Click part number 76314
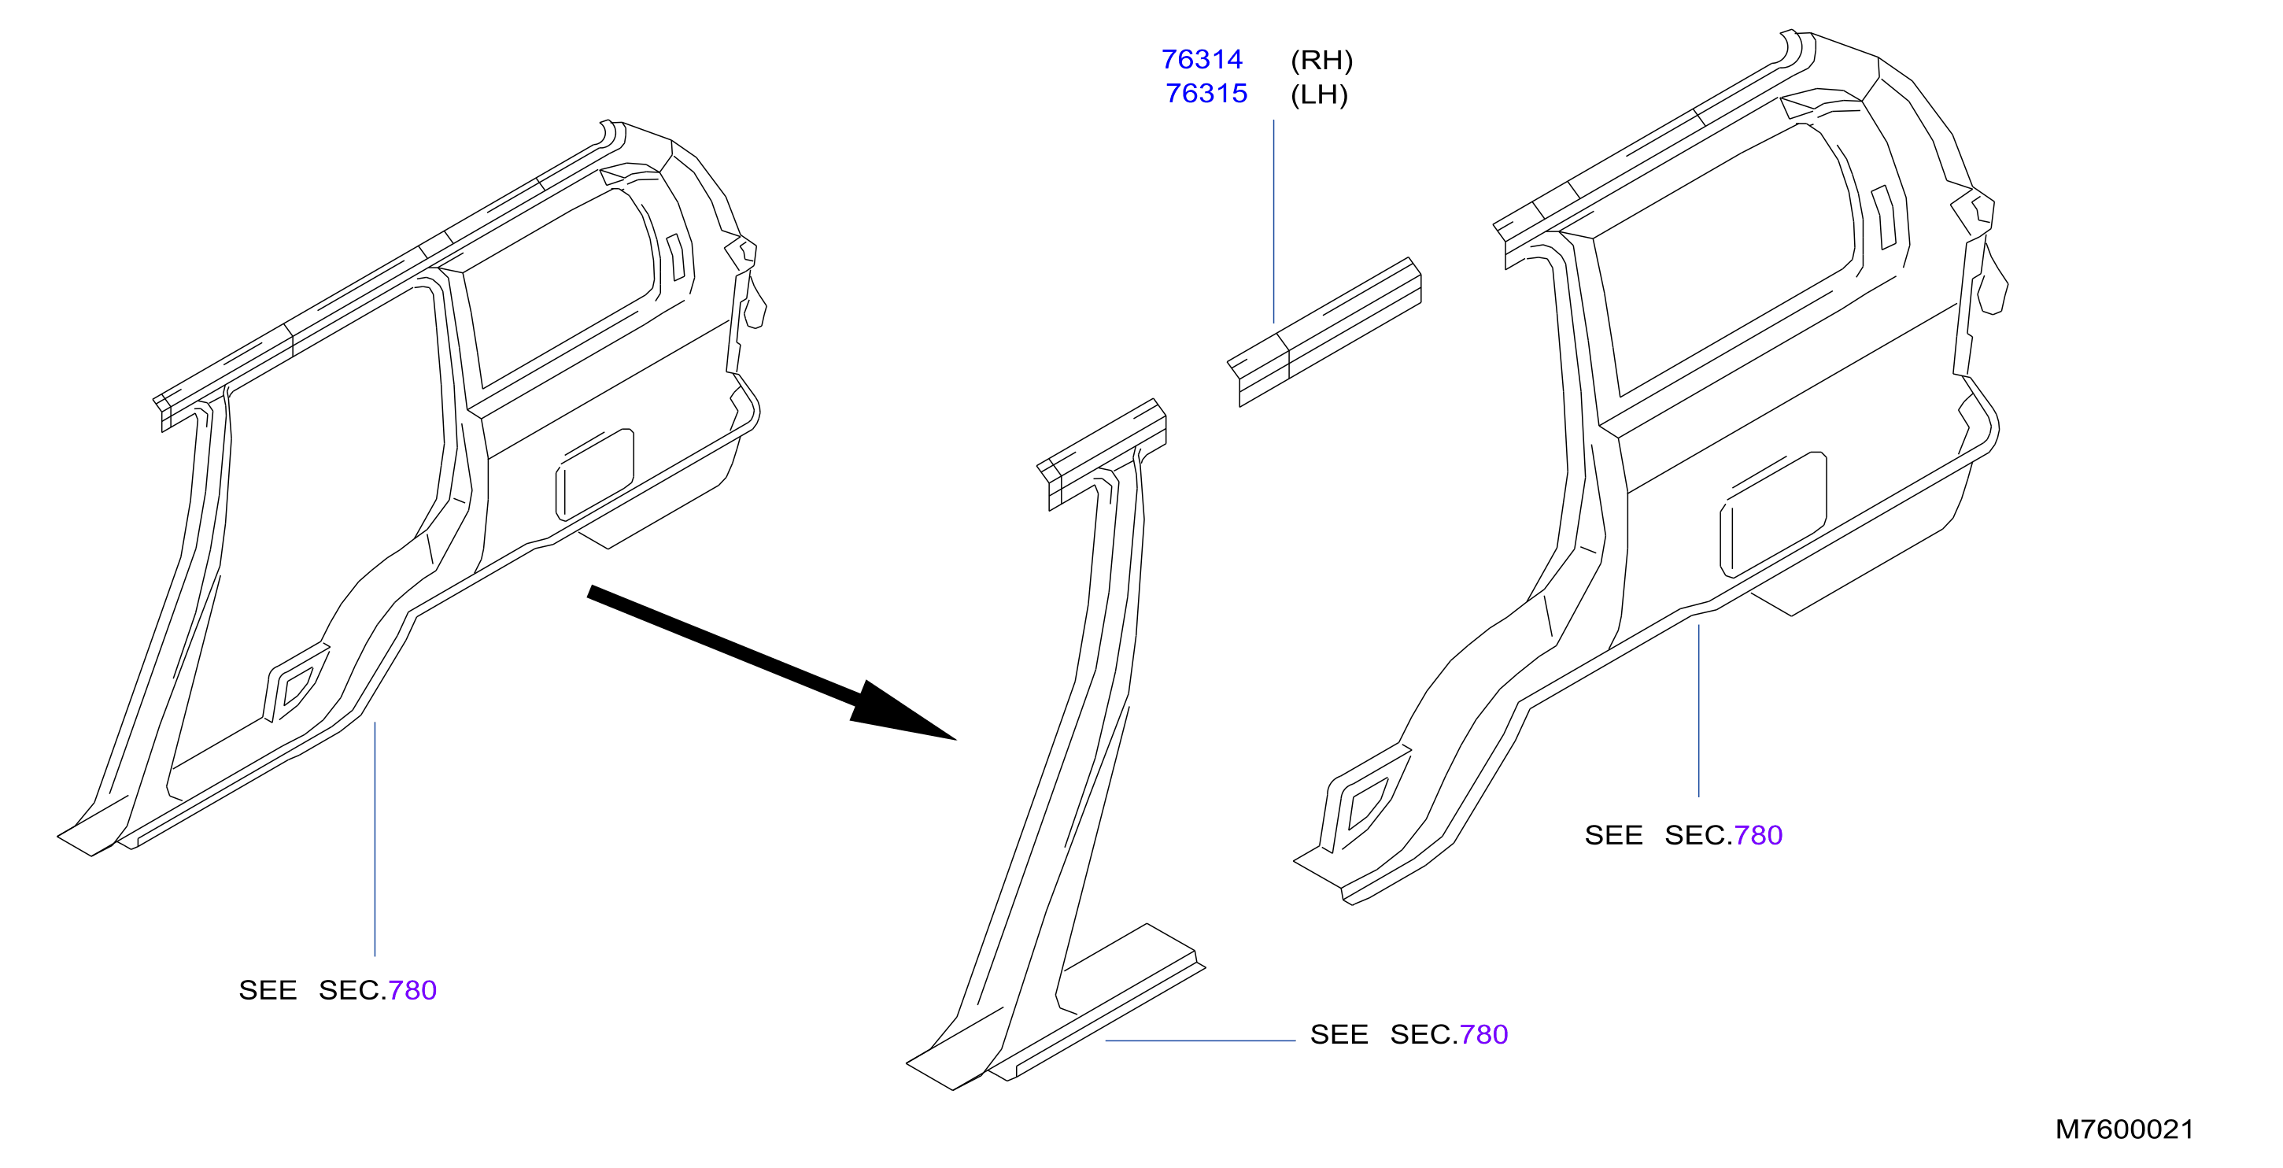[x=1202, y=59]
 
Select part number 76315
[x=1206, y=93]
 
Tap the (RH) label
[x=1321, y=61]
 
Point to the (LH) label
[x=1319, y=94]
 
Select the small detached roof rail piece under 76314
[x=1324, y=332]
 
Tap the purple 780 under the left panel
[x=412, y=990]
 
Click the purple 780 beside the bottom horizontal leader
[x=1483, y=1034]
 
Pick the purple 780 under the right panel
[x=1758, y=835]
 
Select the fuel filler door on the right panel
[x=1772, y=515]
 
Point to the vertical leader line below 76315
[x=1273, y=221]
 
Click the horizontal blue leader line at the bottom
[x=1201, y=1040]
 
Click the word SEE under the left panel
[x=268, y=990]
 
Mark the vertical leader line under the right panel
[x=1699, y=711]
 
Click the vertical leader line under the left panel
[x=375, y=839]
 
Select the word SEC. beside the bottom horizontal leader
[x=1424, y=1034]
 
